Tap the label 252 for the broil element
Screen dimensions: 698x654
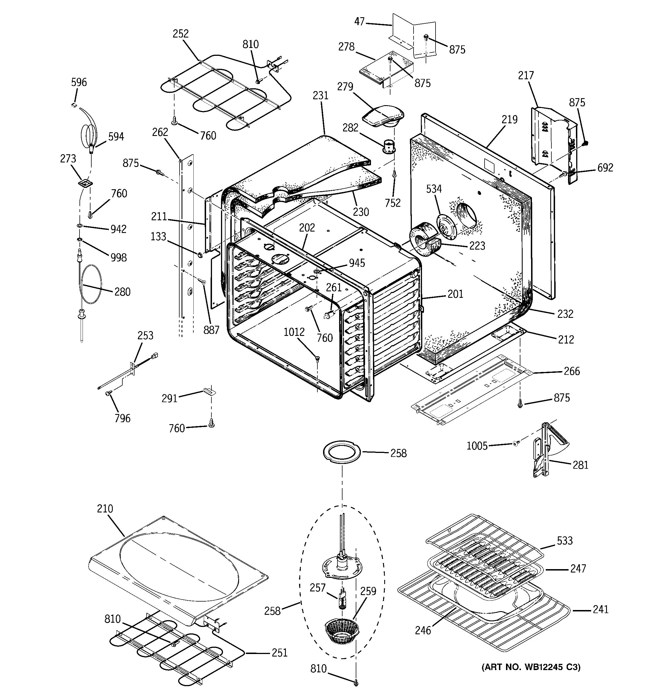(x=180, y=34)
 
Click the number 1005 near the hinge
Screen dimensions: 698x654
(x=477, y=446)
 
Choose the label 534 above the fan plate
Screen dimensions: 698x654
(x=434, y=189)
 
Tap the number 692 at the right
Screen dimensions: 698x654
(x=605, y=168)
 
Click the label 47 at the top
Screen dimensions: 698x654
(x=359, y=22)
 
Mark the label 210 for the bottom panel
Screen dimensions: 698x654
(x=105, y=508)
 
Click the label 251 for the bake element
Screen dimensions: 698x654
(x=279, y=653)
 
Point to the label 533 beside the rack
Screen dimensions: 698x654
(x=564, y=541)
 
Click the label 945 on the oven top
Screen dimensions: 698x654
(x=357, y=263)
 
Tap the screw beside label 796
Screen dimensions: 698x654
(x=109, y=394)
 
